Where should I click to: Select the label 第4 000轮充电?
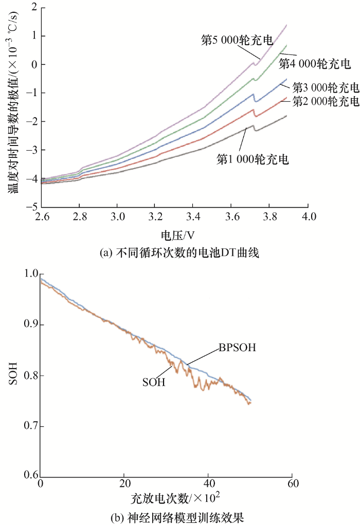[315, 64]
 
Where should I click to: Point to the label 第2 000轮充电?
[325, 101]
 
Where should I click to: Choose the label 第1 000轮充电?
[253, 159]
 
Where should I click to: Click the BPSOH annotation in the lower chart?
[238, 348]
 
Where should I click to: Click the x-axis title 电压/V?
[174, 236]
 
